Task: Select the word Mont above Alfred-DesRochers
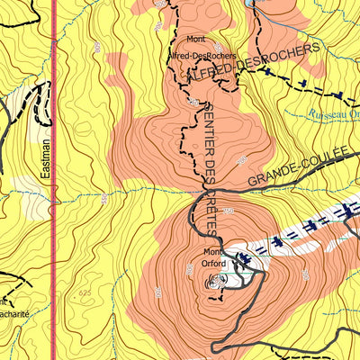tap(196, 40)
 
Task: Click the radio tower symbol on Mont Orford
tap(215, 283)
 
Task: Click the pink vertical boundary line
tap(53, 225)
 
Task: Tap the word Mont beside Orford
tap(212, 252)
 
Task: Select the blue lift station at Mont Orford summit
tap(243, 261)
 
